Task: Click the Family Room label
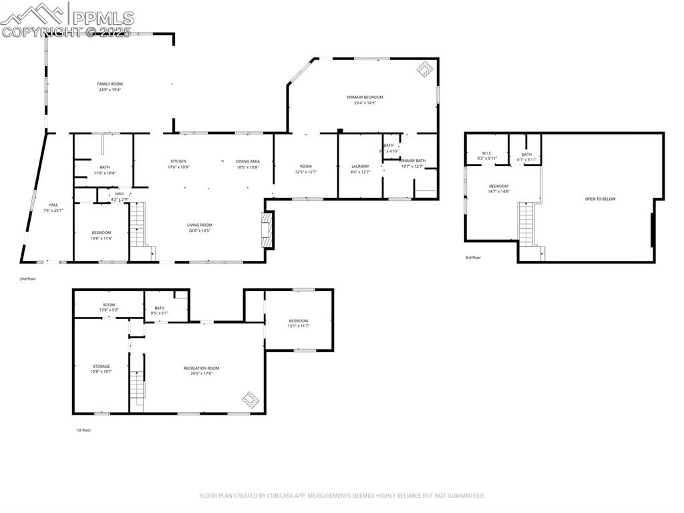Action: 110,84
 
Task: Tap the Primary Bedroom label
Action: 365,97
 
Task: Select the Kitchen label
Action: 178,161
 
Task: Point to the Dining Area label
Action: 247,161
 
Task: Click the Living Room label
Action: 200,225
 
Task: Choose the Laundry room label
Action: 360,166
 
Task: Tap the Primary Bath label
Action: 413,161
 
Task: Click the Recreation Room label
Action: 202,368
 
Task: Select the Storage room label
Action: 102,366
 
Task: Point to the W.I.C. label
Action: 487,153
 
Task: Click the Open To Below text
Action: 600,199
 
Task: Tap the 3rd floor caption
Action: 473,258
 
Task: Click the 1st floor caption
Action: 83,430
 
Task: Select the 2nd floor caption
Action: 27,278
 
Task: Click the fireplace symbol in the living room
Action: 267,229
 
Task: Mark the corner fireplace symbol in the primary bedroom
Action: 424,69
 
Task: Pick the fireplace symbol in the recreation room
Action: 250,399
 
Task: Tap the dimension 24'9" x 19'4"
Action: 110,90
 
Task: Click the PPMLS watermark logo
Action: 67,19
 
